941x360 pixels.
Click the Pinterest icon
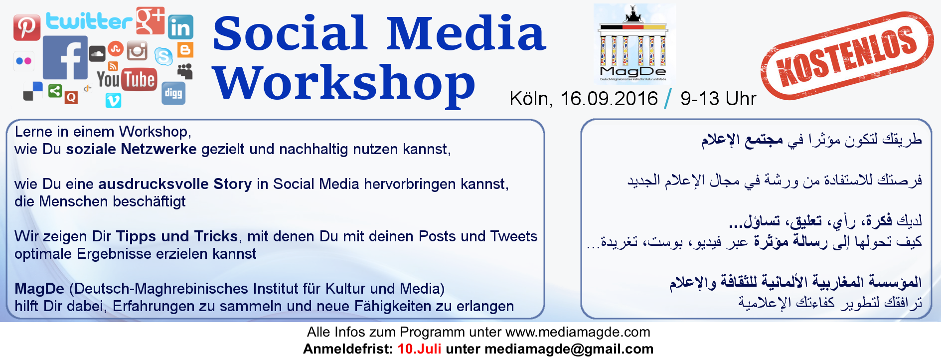pyautogui.click(x=27, y=27)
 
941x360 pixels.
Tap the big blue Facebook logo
pyautogui.click(x=65, y=57)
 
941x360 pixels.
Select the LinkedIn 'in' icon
pyautogui.click(x=180, y=27)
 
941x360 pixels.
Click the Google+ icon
pyautogui.click(x=151, y=21)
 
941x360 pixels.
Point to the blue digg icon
pyautogui.click(x=173, y=93)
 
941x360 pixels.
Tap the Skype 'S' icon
pyautogui.click(x=163, y=56)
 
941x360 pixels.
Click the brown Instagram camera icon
pyautogui.click(x=137, y=51)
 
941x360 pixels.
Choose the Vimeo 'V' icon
pyautogui.click(x=114, y=101)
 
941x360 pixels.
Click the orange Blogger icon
pyautogui.click(x=185, y=50)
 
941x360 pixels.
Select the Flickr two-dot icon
pyautogui.click(x=24, y=61)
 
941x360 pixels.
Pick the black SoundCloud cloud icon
pyautogui.click(x=97, y=53)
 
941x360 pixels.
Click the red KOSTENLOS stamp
pyautogui.click(x=847, y=55)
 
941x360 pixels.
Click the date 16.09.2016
pyautogui.click(x=609, y=99)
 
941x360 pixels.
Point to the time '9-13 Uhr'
pyautogui.click(x=718, y=99)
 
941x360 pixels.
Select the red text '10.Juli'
pyautogui.click(x=419, y=349)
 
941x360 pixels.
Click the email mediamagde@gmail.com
pyautogui.click(x=569, y=349)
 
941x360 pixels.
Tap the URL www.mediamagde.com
pyautogui.click(x=578, y=332)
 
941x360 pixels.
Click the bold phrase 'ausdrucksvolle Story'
pyautogui.click(x=175, y=184)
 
